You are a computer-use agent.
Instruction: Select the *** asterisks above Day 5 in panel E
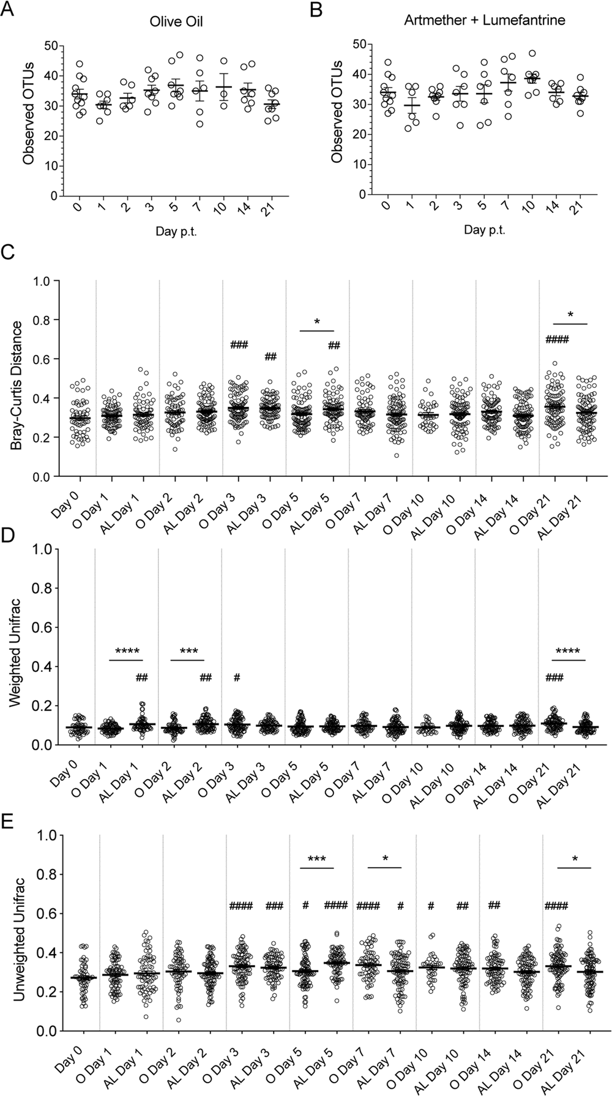coord(316,859)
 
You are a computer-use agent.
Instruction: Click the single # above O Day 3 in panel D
coord(236,677)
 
